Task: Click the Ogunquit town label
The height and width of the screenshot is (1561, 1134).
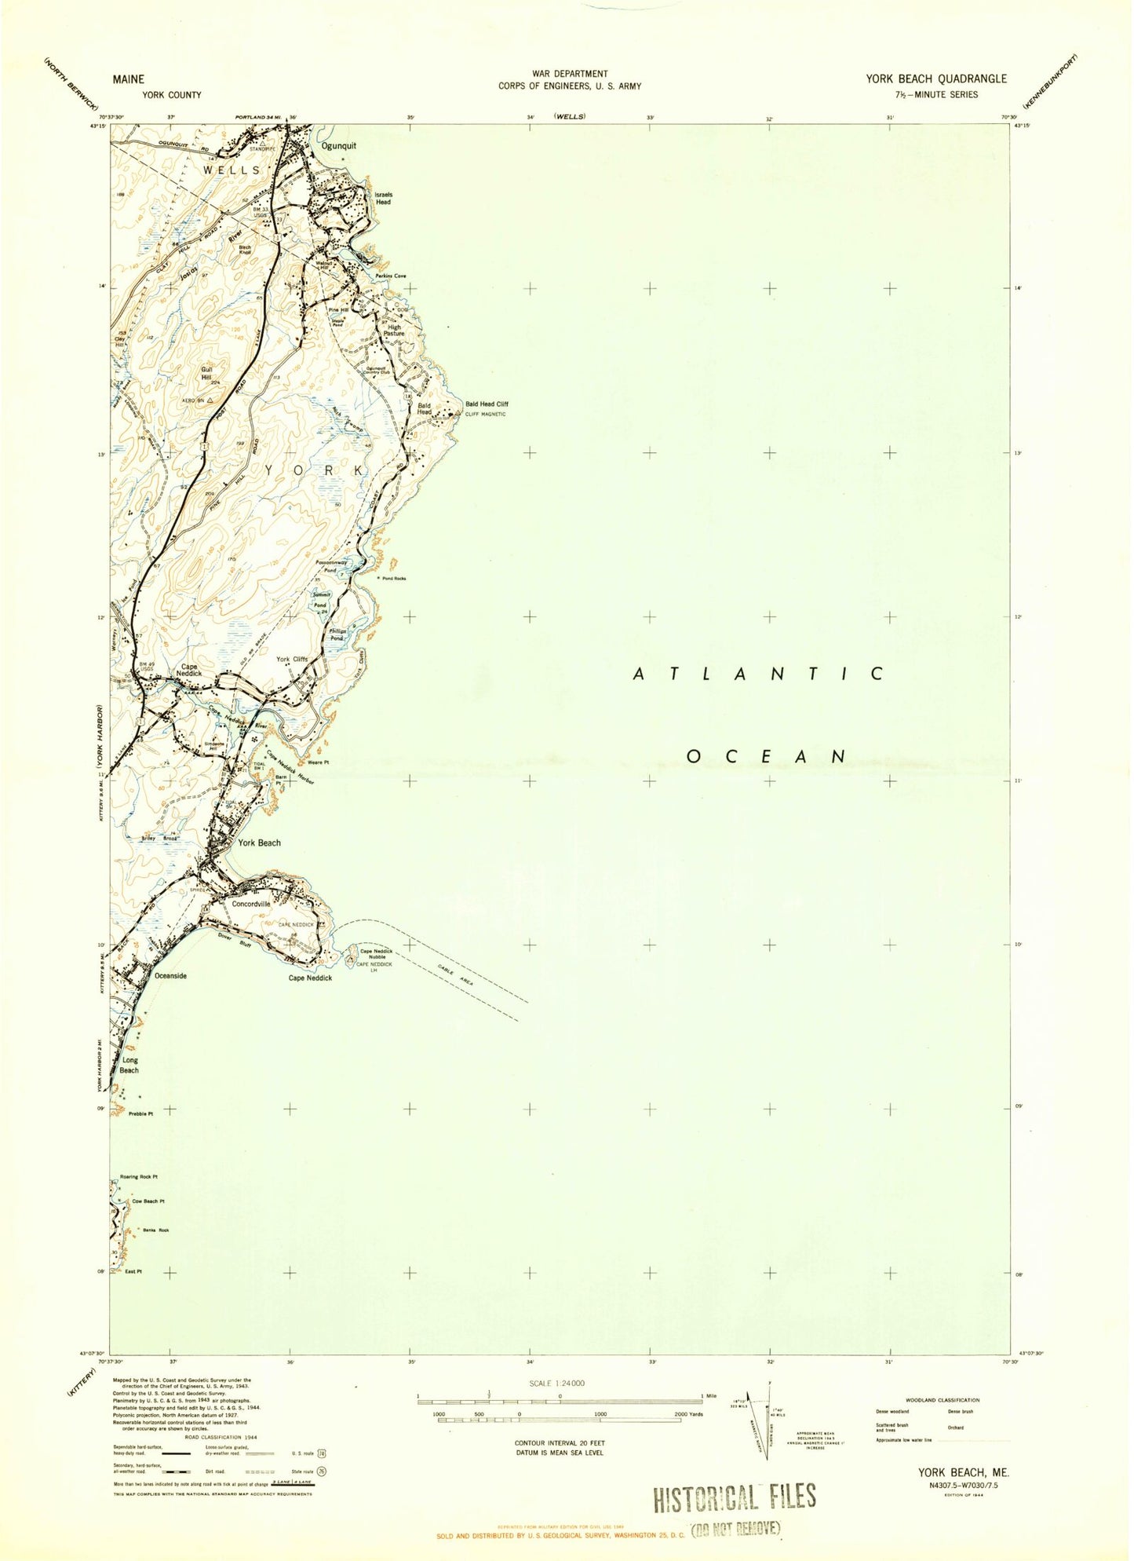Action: coord(338,146)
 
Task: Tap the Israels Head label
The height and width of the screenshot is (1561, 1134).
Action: coord(383,198)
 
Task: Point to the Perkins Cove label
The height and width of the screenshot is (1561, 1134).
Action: coord(390,276)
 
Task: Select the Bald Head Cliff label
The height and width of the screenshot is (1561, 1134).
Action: coord(487,404)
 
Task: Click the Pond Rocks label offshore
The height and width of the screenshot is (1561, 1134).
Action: coord(394,579)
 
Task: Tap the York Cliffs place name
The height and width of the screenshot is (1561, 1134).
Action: coord(292,660)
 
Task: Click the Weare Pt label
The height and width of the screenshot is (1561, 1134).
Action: coord(319,762)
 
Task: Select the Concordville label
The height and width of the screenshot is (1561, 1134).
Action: coord(251,904)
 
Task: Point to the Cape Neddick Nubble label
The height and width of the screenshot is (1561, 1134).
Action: coord(376,954)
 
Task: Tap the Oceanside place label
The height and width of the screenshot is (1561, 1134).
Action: coord(170,975)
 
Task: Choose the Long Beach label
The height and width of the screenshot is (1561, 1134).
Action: coord(129,1065)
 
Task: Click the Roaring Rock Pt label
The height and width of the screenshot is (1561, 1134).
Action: coord(139,1177)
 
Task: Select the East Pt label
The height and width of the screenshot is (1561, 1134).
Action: coord(133,1271)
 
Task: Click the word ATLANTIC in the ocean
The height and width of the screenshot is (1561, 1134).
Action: coord(759,674)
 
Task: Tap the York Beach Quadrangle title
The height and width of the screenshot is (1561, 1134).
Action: coord(935,79)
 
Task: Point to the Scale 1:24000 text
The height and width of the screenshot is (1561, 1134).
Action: coord(558,1383)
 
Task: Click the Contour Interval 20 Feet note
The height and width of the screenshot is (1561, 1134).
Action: coord(559,1443)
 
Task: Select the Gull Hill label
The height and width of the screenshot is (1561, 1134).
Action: coord(206,372)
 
